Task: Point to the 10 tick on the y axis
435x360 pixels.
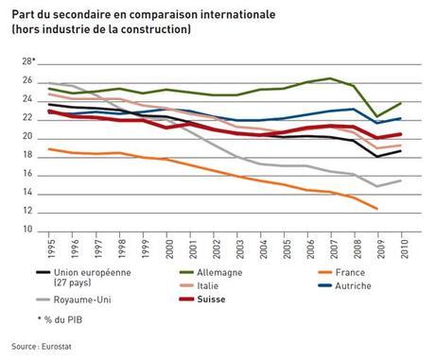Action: coord(29,231)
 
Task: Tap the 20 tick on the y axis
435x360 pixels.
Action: coord(29,138)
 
